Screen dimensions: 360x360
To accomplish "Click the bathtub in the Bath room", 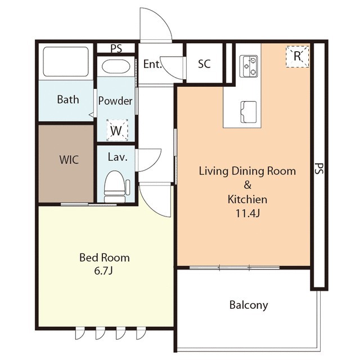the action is tap(66, 61).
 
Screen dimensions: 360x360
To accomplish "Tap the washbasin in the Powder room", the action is tap(116, 66).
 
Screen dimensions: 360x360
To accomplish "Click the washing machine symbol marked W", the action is tap(117, 130).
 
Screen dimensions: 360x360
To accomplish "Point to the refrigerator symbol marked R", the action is tap(298, 56).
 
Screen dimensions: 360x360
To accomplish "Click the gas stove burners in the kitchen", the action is tap(249, 66).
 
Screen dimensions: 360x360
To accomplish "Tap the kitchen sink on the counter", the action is tap(248, 112).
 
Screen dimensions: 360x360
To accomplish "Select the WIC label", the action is tap(69, 160).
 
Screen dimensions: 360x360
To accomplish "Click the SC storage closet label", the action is tap(204, 64).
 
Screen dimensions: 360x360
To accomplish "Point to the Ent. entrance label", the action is tap(152, 64).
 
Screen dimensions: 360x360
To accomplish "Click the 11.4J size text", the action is tap(247, 214).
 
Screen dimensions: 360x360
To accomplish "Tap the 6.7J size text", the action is tap(103, 271).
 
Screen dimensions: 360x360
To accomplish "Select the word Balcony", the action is tap(249, 305).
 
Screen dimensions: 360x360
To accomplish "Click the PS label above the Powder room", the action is tap(116, 49).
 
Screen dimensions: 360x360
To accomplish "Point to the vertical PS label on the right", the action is tap(319, 169).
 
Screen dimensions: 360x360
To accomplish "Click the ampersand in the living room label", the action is tap(247, 185).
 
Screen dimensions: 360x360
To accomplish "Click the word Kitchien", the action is tap(247, 199).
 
